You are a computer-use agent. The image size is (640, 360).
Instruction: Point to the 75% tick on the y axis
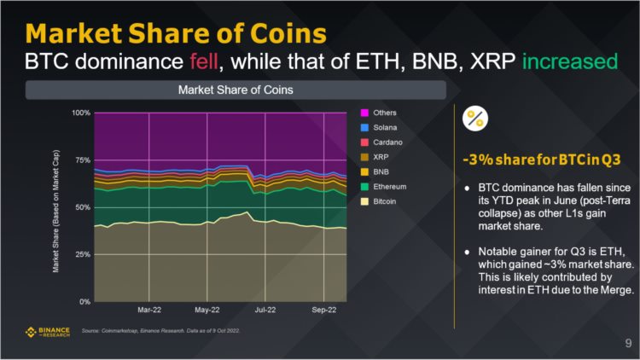[x=82, y=160]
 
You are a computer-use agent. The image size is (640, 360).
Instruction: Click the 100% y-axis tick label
[x=80, y=113]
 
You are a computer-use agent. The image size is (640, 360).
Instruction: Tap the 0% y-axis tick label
[x=84, y=301]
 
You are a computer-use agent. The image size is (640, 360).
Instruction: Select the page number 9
[x=627, y=344]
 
